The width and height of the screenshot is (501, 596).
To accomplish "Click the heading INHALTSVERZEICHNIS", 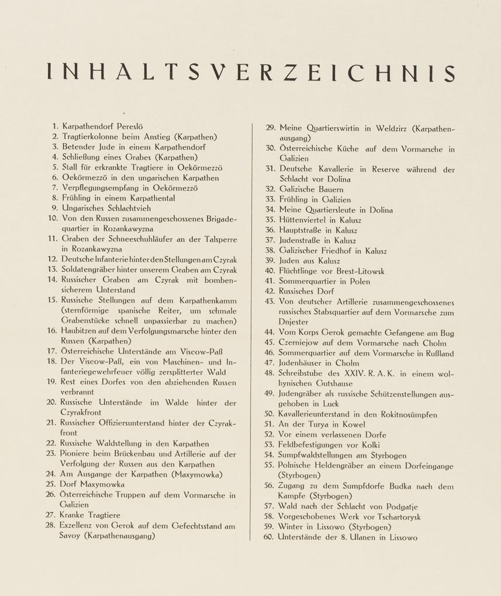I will [250, 72].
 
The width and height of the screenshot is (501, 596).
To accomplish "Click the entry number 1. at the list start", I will [55, 126].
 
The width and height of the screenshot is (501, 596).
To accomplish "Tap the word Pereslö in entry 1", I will [136, 126].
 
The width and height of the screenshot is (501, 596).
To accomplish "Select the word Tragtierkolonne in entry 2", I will [91, 136].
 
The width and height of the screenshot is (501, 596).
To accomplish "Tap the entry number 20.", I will [53, 403].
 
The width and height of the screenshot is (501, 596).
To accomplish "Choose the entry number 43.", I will [269, 302].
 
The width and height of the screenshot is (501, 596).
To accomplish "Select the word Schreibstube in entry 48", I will [307, 373].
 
